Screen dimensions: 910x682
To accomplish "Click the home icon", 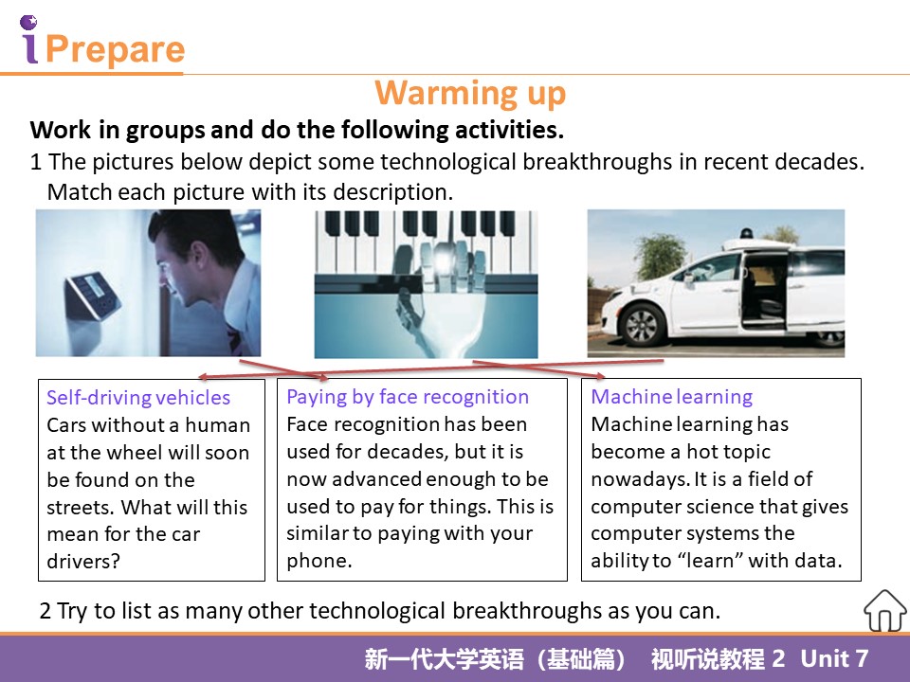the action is click(x=884, y=611).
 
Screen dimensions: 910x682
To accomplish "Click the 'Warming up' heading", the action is click(x=470, y=94).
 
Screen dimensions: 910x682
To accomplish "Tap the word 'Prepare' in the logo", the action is click(x=115, y=48).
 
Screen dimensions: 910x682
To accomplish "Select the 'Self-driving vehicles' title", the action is click(x=138, y=397).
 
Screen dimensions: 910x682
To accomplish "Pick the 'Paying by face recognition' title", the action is click(x=408, y=397).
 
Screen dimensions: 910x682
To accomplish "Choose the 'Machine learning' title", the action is click(x=671, y=397).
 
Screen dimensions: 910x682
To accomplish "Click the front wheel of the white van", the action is click(x=642, y=325).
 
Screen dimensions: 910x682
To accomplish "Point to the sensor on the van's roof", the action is click(x=746, y=233).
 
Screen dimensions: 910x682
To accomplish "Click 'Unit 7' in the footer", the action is click(x=834, y=658).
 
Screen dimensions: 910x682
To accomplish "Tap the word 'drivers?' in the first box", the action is click(x=83, y=561).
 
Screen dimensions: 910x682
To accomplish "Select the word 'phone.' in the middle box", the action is click(x=319, y=560).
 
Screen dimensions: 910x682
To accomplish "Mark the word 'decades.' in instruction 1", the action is click(x=819, y=161).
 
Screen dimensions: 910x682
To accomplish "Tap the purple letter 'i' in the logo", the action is click(x=29, y=40).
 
